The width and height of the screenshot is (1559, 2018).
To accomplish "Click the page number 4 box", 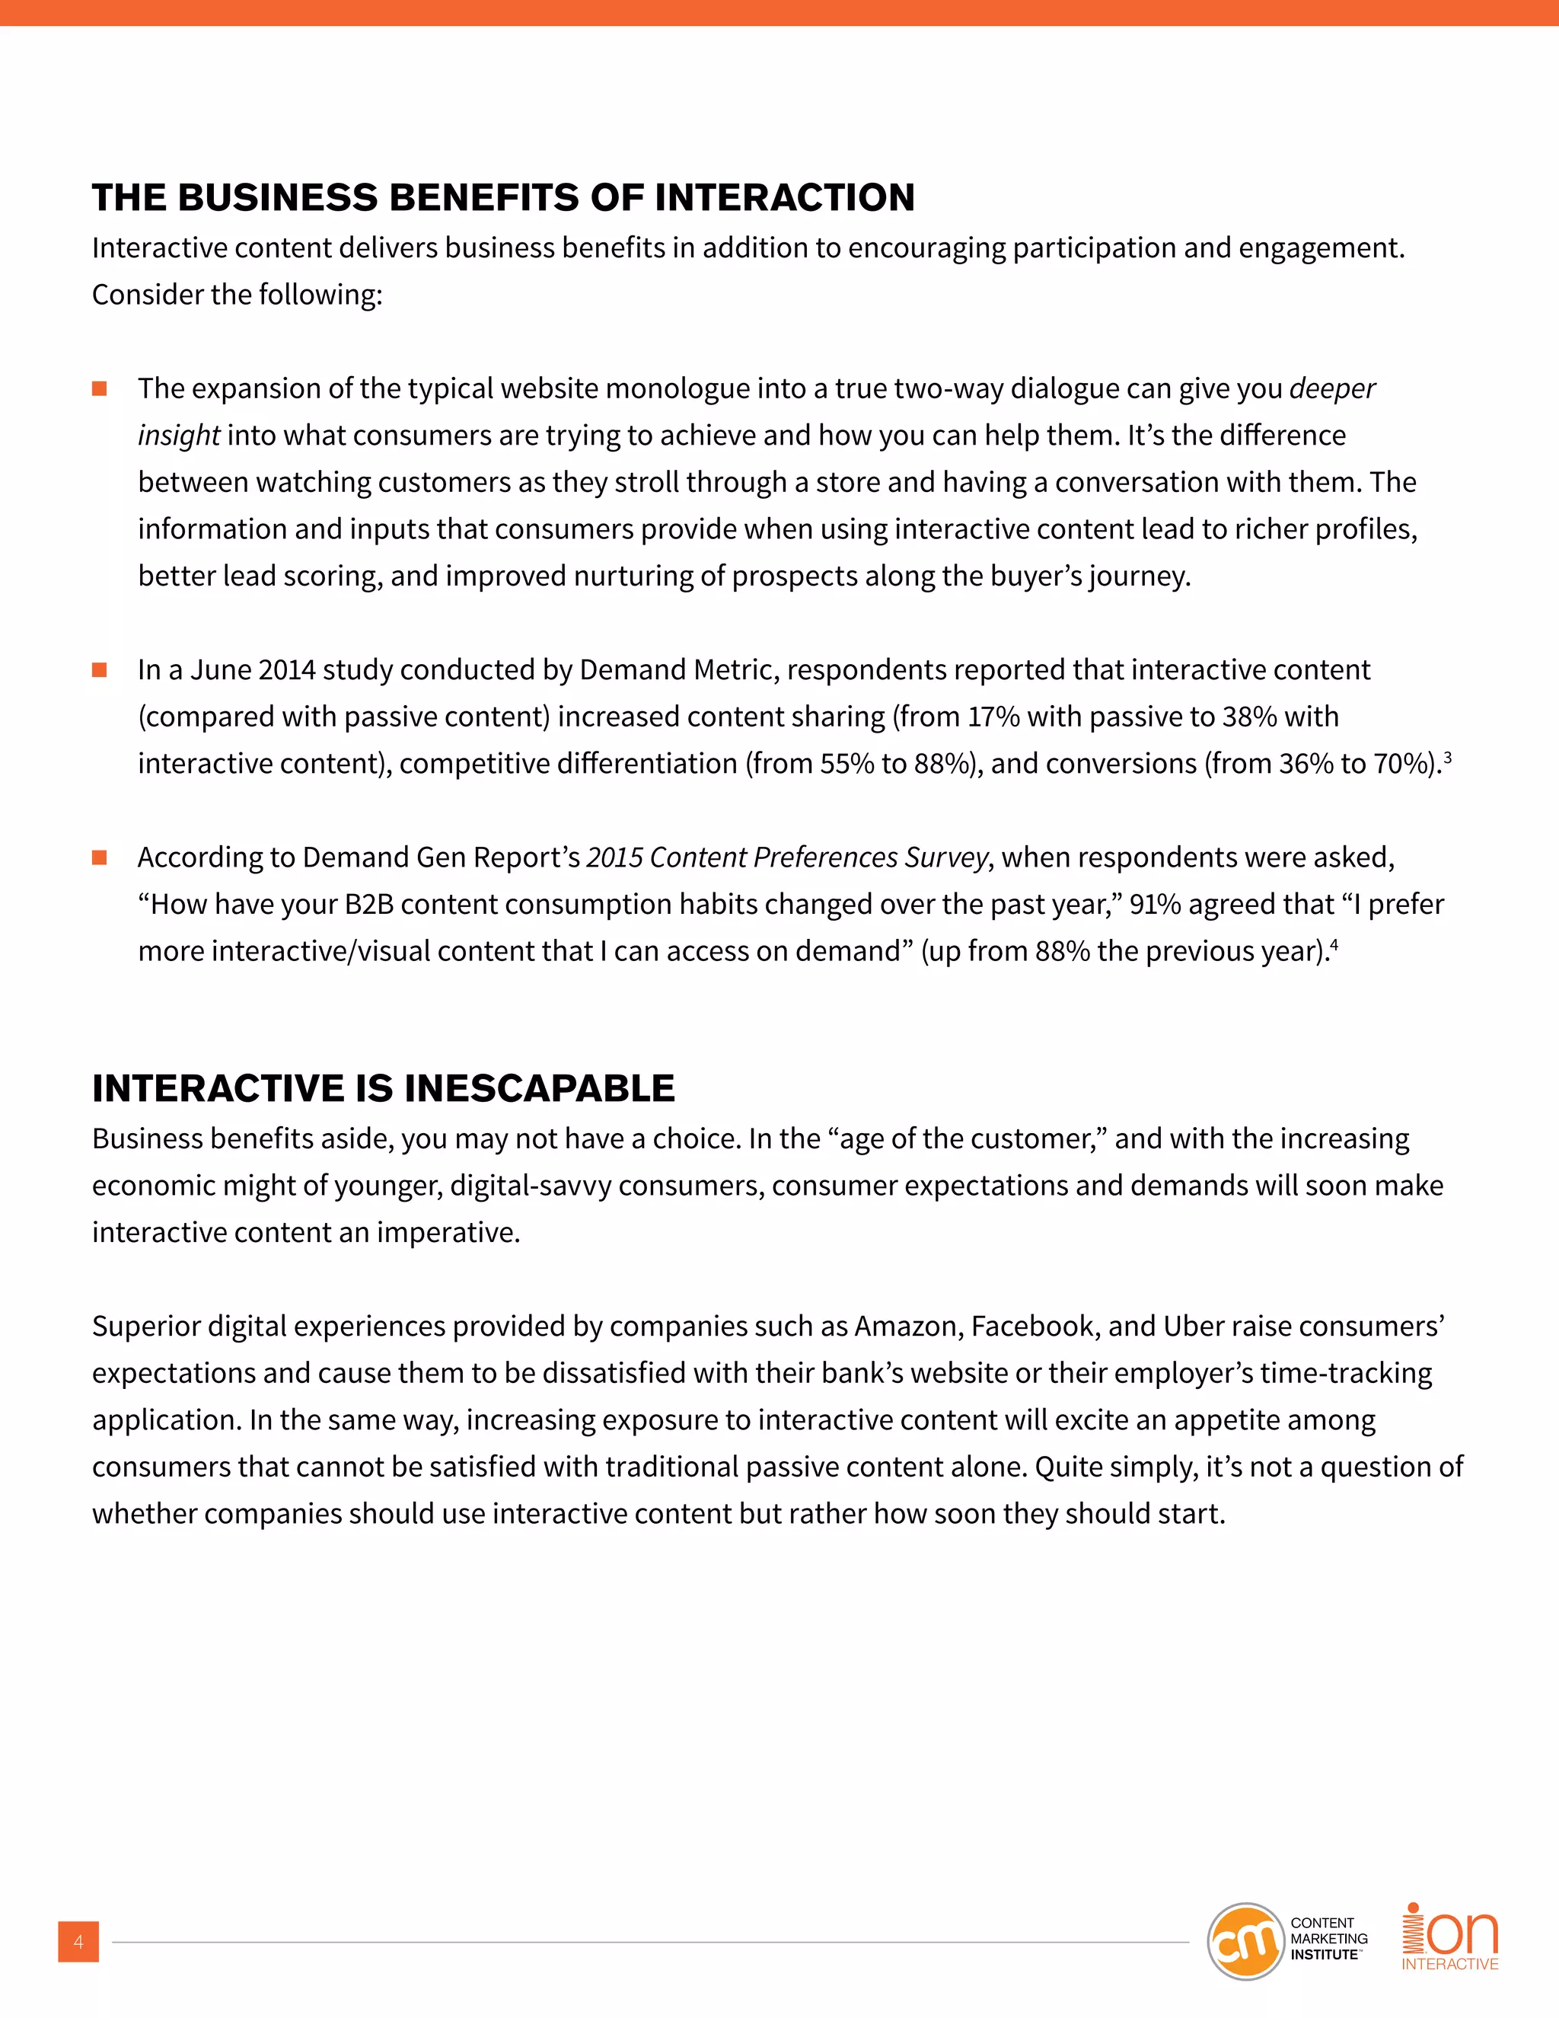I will click(x=78, y=1941).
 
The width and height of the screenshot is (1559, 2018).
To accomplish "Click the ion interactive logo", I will click(x=1450, y=1937).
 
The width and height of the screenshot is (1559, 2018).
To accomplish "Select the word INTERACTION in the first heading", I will click(x=784, y=198).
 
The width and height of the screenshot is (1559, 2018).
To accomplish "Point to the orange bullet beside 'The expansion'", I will click(x=100, y=389).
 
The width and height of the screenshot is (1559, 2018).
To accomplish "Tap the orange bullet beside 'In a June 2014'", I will click(x=100, y=670).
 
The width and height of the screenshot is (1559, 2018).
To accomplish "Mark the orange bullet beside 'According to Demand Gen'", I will click(x=100, y=857).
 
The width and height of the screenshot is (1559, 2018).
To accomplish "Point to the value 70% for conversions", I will click(x=1401, y=764).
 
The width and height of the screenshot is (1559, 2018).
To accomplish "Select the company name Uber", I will click(x=1194, y=1327).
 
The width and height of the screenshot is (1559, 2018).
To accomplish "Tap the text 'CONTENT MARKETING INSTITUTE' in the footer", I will click(x=1328, y=1939).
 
